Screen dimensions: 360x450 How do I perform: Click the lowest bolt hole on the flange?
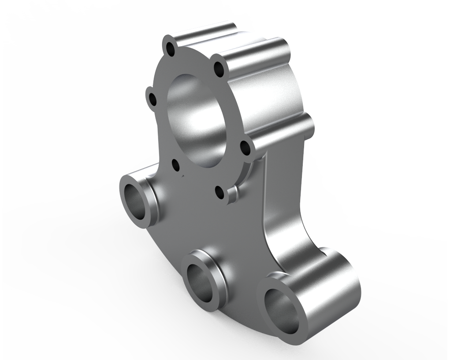click(x=219, y=191)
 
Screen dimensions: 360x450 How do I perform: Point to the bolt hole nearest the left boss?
click(x=176, y=165)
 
